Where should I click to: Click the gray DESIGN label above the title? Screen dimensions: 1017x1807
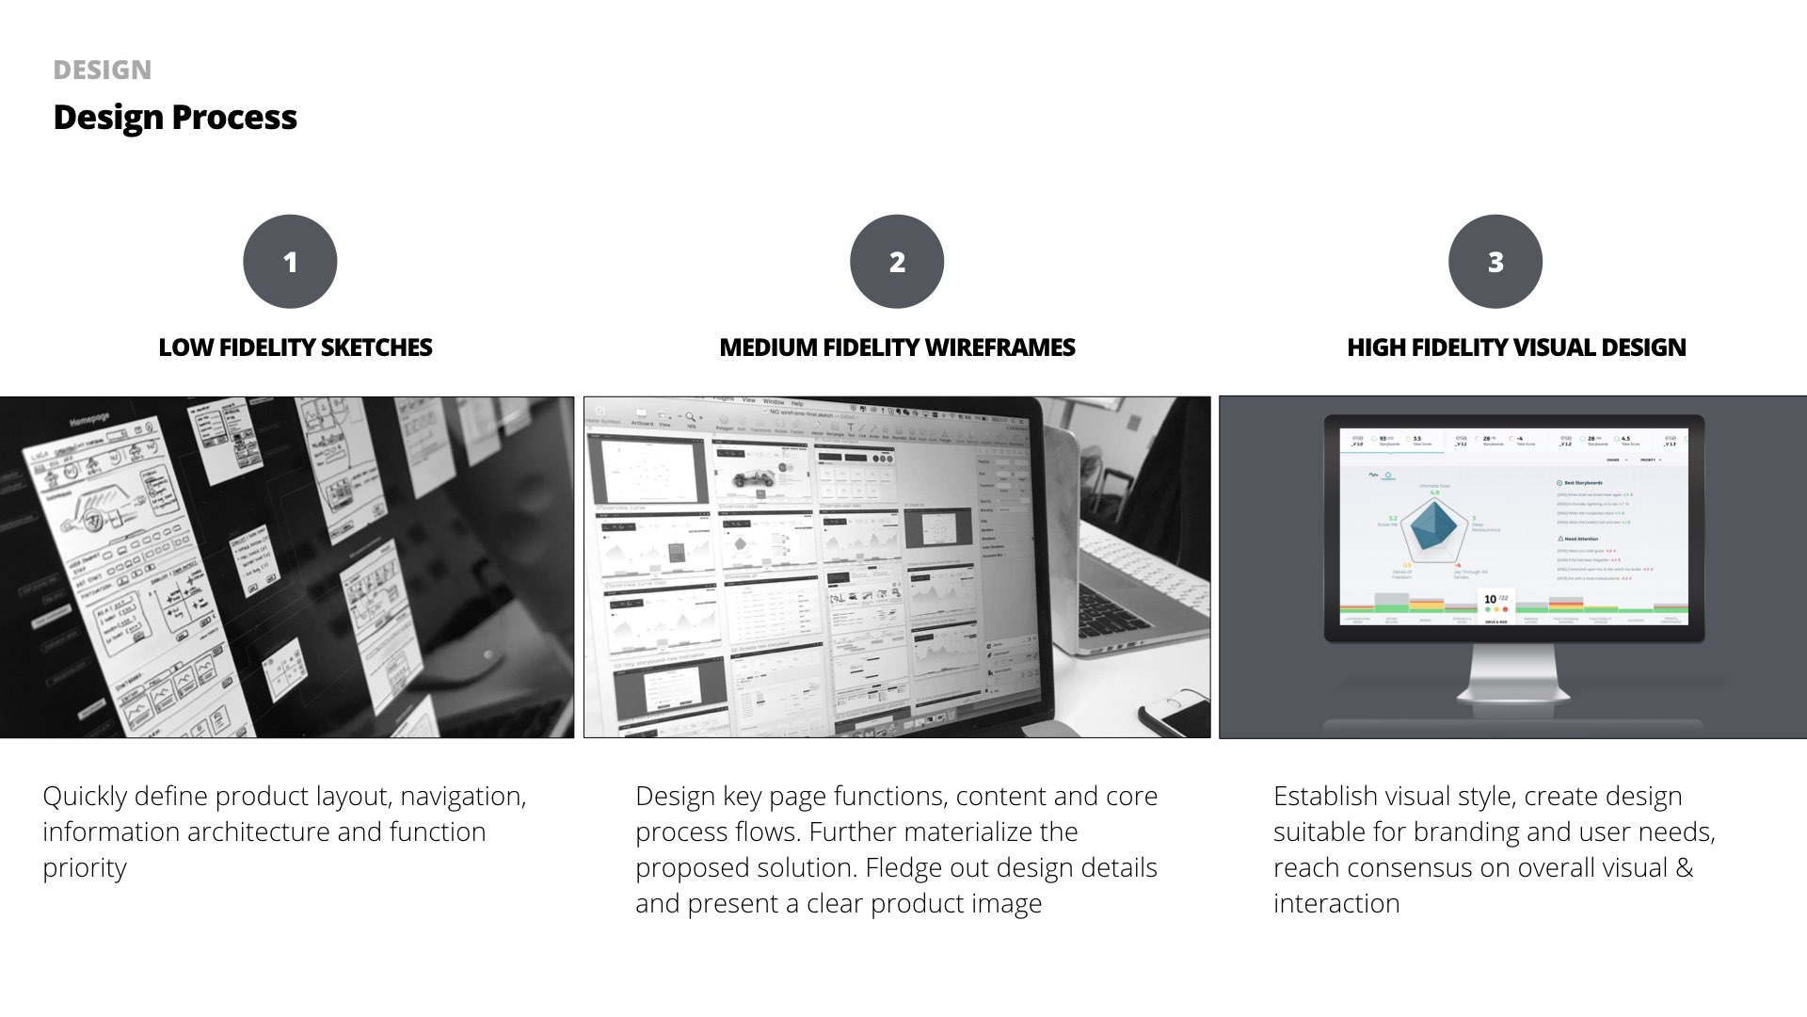pyautogui.click(x=102, y=71)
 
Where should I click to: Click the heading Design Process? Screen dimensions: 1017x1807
pyautogui.click(x=175, y=118)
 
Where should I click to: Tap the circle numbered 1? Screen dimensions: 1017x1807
pyautogui.click(x=290, y=262)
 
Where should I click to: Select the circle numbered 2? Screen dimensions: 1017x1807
pyautogui.click(x=897, y=262)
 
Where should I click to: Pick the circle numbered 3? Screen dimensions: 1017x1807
pyautogui.click(x=1495, y=262)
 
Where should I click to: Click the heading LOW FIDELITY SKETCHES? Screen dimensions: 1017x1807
pyautogui.click(x=296, y=347)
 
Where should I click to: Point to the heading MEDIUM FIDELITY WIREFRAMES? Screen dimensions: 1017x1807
pyautogui.click(x=897, y=347)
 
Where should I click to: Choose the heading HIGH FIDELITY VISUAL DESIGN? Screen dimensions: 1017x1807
pyautogui.click(x=1516, y=347)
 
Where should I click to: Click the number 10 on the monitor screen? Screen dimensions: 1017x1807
pyautogui.click(x=1490, y=599)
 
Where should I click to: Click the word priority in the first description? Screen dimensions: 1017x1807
pyautogui.click(x=85, y=868)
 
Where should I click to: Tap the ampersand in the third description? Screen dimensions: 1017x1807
pyautogui.click(x=1685, y=867)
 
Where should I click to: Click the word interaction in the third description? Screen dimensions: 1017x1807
pyautogui.click(x=1336, y=903)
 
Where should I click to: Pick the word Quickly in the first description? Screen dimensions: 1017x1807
pyautogui.click(x=85, y=797)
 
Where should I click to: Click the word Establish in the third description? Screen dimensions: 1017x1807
pyautogui.click(x=1325, y=797)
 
